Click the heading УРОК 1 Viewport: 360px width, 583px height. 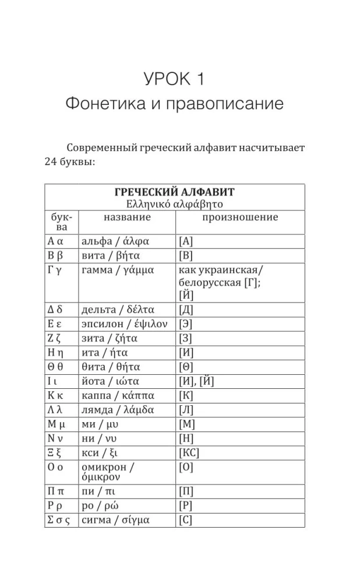[174, 78]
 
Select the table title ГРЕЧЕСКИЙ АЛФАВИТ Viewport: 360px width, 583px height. [174, 192]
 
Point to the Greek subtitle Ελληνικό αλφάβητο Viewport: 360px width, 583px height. [174, 204]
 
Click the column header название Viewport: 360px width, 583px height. [127, 217]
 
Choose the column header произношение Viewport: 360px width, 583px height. [240, 217]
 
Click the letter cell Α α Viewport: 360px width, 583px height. [56, 241]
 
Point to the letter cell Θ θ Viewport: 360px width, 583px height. [57, 367]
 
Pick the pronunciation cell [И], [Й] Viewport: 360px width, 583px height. [198, 381]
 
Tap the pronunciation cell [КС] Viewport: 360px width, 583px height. [190, 453]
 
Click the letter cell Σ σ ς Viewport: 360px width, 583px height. [59, 520]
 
